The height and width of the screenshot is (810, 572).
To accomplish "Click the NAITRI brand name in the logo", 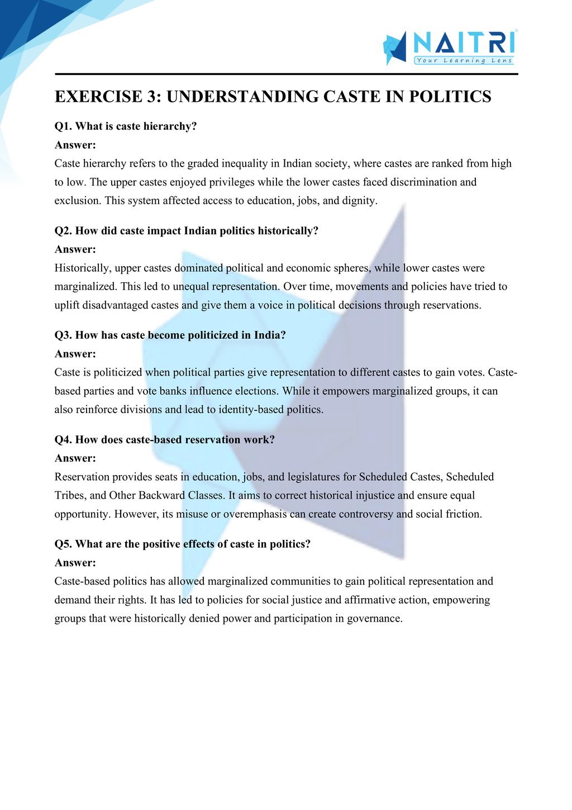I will click(x=464, y=42).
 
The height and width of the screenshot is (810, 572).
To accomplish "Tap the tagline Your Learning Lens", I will click(x=464, y=60).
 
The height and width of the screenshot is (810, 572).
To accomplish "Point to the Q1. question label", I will click(x=63, y=126).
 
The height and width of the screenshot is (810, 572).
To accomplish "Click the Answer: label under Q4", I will click(x=75, y=458).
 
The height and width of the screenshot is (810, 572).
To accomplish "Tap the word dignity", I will click(x=358, y=201).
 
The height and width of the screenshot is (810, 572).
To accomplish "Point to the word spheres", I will click(x=351, y=268).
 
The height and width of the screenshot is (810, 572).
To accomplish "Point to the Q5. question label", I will click(x=63, y=544).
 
